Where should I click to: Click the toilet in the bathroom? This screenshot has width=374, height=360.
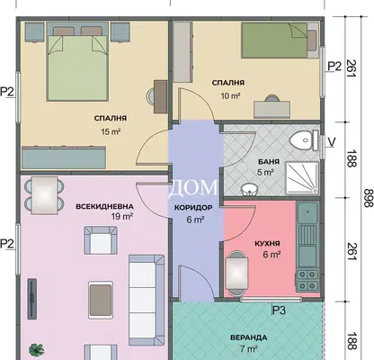305,140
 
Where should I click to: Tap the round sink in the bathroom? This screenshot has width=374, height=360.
248,190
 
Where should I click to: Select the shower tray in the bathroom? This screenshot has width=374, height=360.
302,178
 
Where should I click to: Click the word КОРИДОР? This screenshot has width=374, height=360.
193,207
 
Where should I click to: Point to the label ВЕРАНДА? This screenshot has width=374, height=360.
249,337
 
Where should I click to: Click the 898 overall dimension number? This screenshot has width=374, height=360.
368,198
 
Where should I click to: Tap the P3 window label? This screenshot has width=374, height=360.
279,310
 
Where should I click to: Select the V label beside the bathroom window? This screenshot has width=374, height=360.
331,142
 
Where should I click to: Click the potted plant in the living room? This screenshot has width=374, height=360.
36,350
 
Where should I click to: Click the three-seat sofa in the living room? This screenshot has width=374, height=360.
147,300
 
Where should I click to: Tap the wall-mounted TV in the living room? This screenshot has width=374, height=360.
32,299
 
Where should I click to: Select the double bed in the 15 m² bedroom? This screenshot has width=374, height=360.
77,63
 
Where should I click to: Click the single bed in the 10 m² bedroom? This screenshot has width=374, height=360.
280,40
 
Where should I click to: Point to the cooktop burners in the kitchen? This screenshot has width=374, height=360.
307,280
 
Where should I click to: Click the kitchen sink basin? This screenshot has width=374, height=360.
307,213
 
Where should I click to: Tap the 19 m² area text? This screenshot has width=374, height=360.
122,216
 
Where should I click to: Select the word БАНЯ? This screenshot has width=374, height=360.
269,162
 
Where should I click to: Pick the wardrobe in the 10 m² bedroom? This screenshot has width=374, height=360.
183,52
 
